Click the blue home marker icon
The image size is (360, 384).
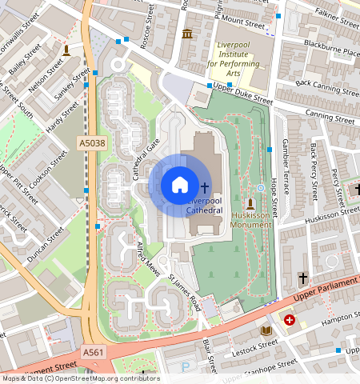[x=180, y=185]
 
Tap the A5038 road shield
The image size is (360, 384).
[x=90, y=142]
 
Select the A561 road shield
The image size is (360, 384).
[x=94, y=351]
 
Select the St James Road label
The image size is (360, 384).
[x=185, y=289]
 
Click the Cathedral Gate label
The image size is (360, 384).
[x=141, y=159]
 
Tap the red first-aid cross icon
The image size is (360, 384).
[x=290, y=319]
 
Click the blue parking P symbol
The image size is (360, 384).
[x=186, y=367]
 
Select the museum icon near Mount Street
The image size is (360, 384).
[x=187, y=33]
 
